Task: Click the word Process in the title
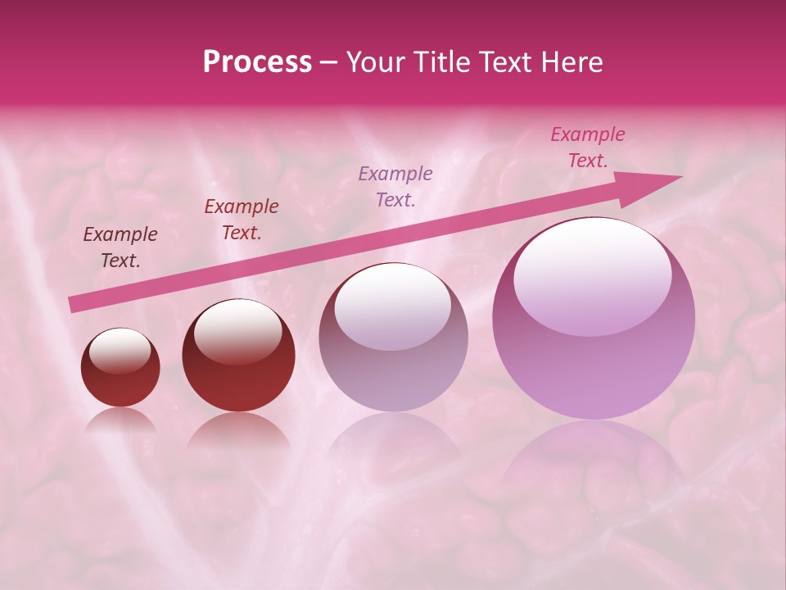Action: pyautogui.click(x=257, y=62)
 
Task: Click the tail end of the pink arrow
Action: pyautogui.click(x=74, y=304)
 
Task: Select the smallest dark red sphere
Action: pyautogui.click(x=120, y=367)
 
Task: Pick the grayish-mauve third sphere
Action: pyautogui.click(x=393, y=337)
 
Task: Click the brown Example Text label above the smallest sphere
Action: pyautogui.click(x=120, y=247)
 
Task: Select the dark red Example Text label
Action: pyautogui.click(x=242, y=220)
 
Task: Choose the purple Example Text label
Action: pyautogui.click(x=395, y=186)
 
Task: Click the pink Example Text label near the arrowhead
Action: pyautogui.click(x=587, y=147)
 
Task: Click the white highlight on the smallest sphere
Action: pyautogui.click(x=120, y=350)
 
